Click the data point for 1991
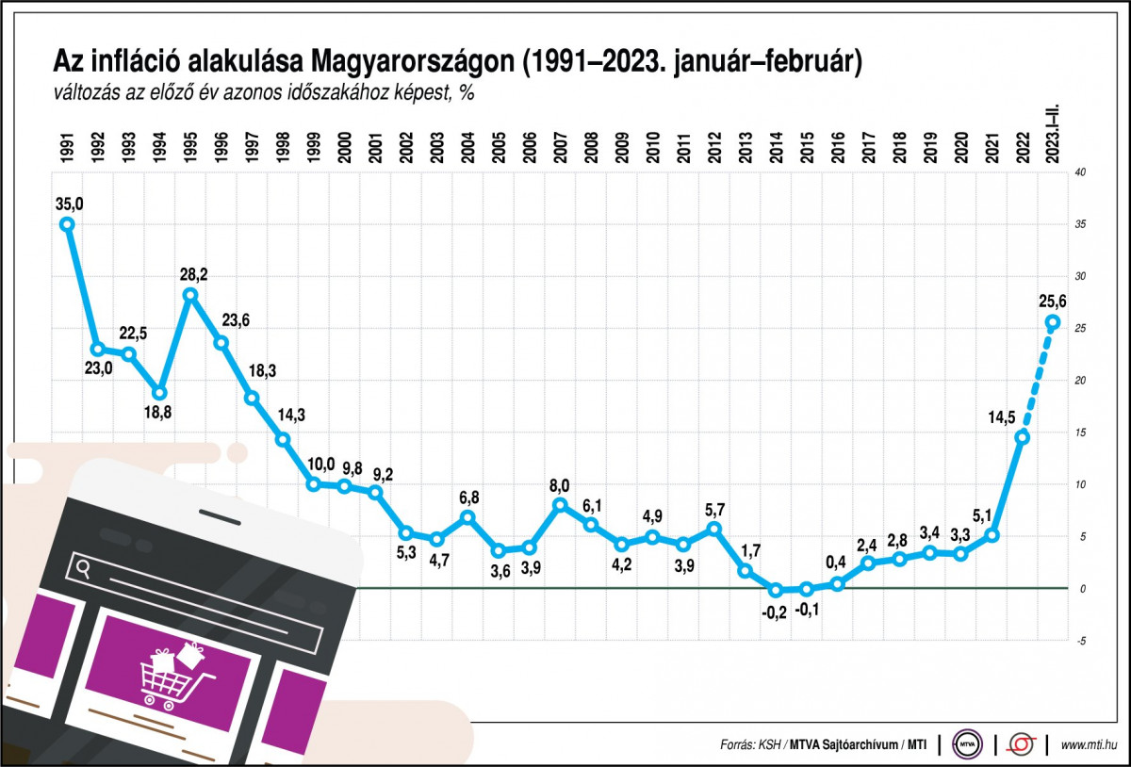tap(67, 224)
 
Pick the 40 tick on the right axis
tap(1080, 172)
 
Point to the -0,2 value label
tap(775, 613)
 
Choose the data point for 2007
tap(560, 505)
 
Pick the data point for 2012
tap(713, 529)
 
